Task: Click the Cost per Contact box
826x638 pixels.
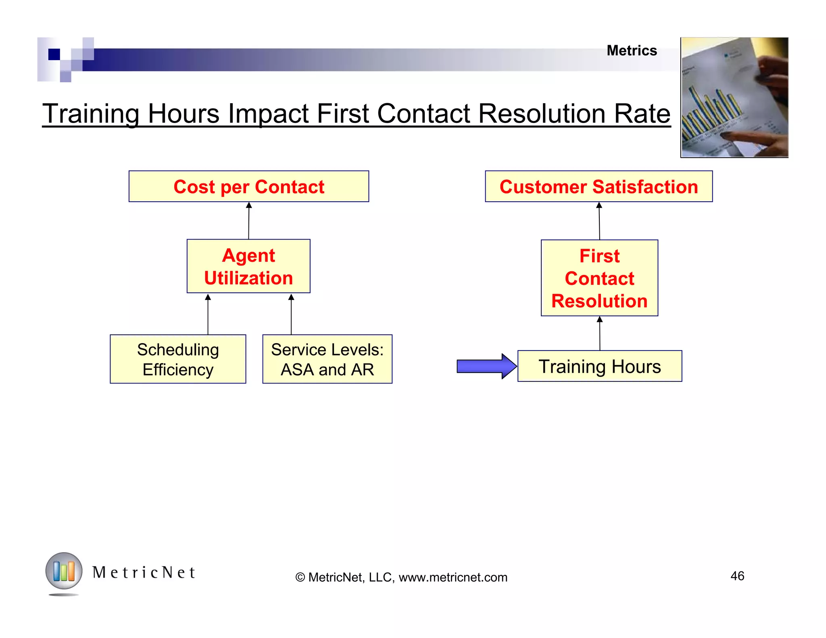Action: pos(248,186)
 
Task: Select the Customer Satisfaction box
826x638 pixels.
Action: pos(599,186)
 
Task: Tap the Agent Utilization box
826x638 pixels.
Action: pos(248,266)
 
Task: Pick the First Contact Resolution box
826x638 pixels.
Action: pos(599,278)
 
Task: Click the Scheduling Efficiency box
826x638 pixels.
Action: pos(178,359)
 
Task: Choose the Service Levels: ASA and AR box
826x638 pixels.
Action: pos(327,359)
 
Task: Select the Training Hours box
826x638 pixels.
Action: pos(599,366)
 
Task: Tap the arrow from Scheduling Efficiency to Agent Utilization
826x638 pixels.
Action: pos(208,314)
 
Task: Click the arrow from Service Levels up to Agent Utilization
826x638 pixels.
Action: pos(291,314)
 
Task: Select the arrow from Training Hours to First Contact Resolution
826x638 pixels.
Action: pos(600,333)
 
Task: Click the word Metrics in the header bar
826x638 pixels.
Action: pos(632,51)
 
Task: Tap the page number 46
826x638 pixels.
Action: pos(737,576)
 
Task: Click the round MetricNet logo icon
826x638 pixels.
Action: pos(64,571)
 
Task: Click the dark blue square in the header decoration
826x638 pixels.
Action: pos(54,54)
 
